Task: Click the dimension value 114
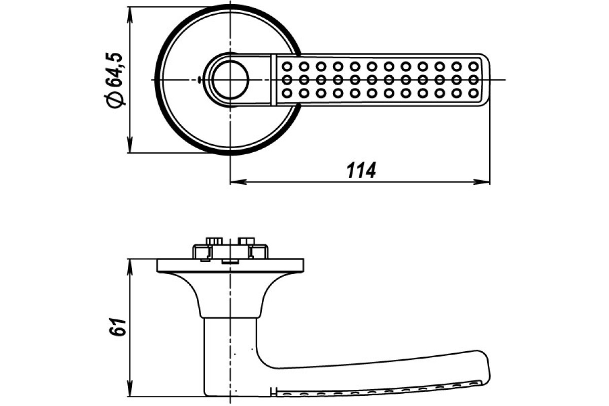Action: click(361, 171)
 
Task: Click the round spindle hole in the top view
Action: click(230, 79)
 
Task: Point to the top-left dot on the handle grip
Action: click(287, 66)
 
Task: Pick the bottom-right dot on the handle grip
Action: click(473, 93)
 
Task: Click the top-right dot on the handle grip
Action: click(473, 66)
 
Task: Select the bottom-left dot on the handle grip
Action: click(287, 93)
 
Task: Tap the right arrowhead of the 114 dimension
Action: click(481, 182)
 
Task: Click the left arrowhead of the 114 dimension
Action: click(239, 182)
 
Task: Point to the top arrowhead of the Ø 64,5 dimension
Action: click(130, 15)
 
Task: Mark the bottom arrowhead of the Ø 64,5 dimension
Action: click(130, 145)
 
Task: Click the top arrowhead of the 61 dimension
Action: click(130, 267)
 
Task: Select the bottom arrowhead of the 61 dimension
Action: click(130, 388)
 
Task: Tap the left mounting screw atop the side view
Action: click(214, 241)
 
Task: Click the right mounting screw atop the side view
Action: click(246, 241)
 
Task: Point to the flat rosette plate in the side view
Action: click(230, 265)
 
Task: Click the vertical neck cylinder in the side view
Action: click(230, 356)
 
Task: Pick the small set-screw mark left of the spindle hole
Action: click(199, 79)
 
